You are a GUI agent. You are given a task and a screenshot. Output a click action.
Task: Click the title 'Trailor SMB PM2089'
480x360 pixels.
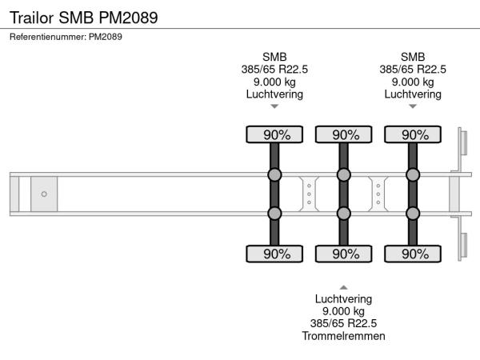[x=83, y=18]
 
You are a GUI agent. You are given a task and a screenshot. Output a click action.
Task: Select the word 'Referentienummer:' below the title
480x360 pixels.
[x=48, y=37]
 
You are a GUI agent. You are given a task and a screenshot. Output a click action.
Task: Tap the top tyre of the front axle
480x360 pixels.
[x=274, y=134]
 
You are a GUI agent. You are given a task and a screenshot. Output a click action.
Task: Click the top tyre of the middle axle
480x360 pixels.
[x=344, y=134]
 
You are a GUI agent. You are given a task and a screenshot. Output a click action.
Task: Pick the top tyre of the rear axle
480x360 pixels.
[x=413, y=134]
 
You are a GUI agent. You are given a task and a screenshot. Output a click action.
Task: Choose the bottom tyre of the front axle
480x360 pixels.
[x=274, y=254]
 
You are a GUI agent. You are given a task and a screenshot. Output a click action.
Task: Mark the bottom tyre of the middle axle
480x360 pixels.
[x=344, y=254]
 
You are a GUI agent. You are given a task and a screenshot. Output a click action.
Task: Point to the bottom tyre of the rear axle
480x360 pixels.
[x=413, y=254]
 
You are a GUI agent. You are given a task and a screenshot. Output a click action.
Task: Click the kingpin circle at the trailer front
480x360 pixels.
[x=44, y=194]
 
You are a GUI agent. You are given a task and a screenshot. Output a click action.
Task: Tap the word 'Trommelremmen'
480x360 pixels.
[x=343, y=336]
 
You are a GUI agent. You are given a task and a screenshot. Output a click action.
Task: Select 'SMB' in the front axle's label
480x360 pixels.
[x=274, y=57]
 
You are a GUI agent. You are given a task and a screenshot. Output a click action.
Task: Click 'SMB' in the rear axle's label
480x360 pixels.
[x=413, y=57]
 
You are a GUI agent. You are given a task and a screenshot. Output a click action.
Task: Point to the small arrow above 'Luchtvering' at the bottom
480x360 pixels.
[x=343, y=287]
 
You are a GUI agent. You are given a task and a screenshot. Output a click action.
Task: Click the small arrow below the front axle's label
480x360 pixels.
[x=274, y=106]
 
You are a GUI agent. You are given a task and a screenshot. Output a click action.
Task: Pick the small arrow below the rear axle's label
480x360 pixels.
[x=413, y=106]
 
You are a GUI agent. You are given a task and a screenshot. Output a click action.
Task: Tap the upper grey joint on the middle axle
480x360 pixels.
[x=344, y=174]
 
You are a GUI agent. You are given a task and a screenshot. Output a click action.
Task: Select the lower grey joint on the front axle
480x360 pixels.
[x=274, y=214]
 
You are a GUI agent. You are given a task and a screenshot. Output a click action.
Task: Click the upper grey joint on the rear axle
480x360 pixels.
[x=413, y=174]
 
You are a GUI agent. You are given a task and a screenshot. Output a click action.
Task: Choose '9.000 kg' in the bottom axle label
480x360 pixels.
[x=343, y=311]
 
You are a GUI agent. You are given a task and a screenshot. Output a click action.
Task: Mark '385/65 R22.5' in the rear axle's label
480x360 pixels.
[x=413, y=70]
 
